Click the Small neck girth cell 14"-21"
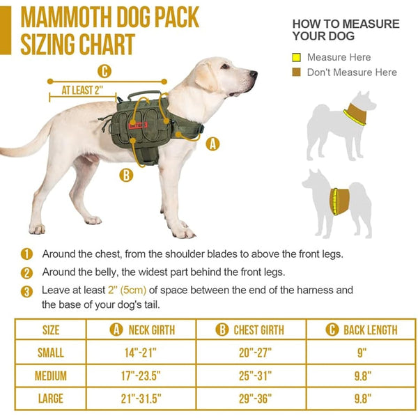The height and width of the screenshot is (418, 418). coord(141,353)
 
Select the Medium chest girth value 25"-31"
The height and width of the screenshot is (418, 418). coord(251,376)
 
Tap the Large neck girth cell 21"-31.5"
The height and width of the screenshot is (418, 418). coord(141,399)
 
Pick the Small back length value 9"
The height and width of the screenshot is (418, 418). coord(362,353)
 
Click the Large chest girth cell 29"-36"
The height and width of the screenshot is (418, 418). coord(251,399)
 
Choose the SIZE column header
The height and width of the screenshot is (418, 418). coord(51,330)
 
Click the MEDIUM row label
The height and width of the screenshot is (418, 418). coord(51,376)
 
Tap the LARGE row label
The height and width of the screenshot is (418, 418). coord(51,399)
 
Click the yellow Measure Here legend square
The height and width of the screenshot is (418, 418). coord(297,57)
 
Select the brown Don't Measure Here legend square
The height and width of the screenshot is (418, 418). coord(297,72)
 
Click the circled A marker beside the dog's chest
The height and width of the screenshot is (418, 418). coord(213,144)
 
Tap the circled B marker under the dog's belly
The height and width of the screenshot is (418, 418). coord(126,175)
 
